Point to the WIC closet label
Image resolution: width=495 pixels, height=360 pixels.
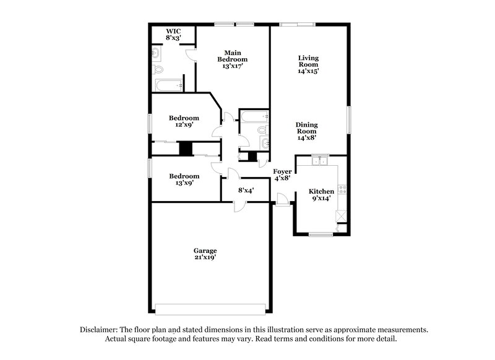pos(173,31)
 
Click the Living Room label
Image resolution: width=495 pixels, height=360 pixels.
pos(308,61)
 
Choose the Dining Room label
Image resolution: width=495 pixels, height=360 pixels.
pos(307,127)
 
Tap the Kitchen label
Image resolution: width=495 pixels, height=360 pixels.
pos(322,192)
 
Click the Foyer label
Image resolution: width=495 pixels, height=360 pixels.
pos(282,171)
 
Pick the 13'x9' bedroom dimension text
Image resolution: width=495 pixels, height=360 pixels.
pos(184,183)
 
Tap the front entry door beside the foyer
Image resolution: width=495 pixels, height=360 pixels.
pos(282,199)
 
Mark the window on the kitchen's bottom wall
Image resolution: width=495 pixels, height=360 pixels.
pos(321,234)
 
